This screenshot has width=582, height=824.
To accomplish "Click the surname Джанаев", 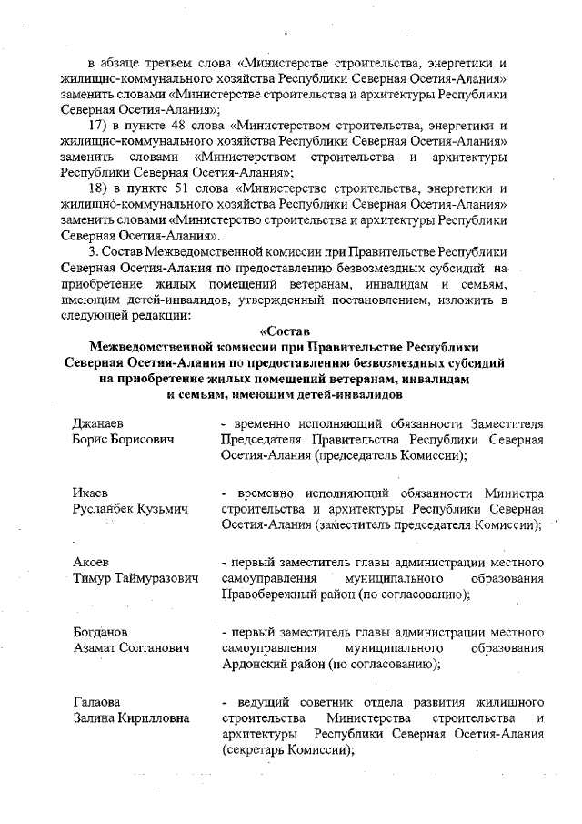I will click(x=98, y=425).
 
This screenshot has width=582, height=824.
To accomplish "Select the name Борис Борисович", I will click(x=123, y=440).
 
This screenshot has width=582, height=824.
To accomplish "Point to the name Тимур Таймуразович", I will click(x=133, y=576).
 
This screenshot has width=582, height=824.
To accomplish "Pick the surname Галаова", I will click(x=96, y=702).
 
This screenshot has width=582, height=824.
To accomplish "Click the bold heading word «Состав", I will click(x=286, y=331).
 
